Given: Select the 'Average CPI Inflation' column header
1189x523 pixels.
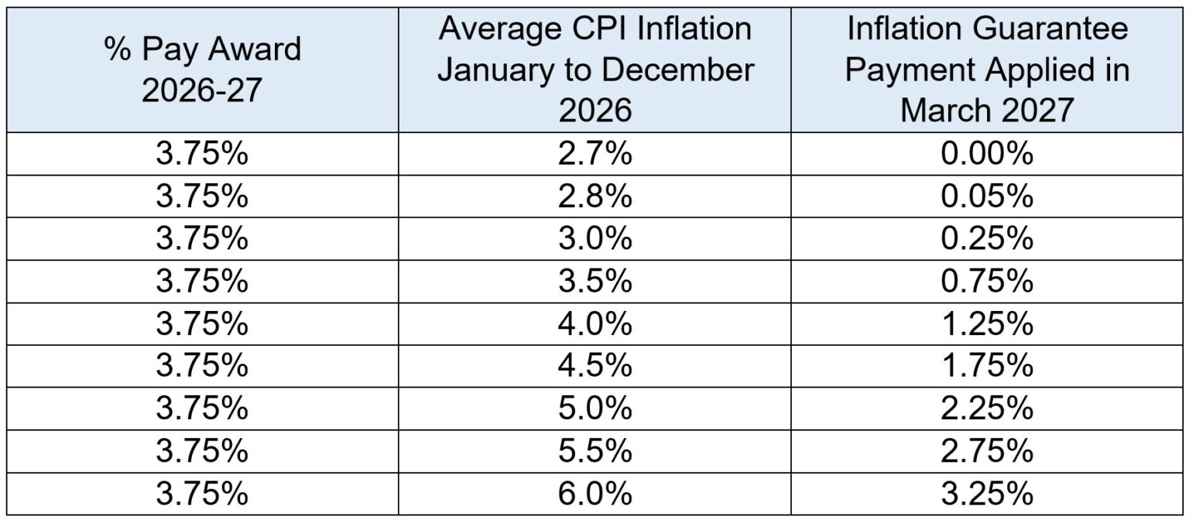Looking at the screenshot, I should (x=594, y=70).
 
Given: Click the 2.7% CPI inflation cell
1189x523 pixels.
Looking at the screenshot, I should (x=594, y=155).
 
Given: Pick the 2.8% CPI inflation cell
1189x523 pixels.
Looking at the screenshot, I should (x=594, y=197).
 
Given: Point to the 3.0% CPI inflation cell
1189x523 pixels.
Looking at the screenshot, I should (x=594, y=240).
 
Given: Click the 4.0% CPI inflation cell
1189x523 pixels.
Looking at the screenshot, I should (x=594, y=323).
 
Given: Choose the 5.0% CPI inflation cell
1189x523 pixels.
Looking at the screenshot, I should (x=594, y=408).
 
